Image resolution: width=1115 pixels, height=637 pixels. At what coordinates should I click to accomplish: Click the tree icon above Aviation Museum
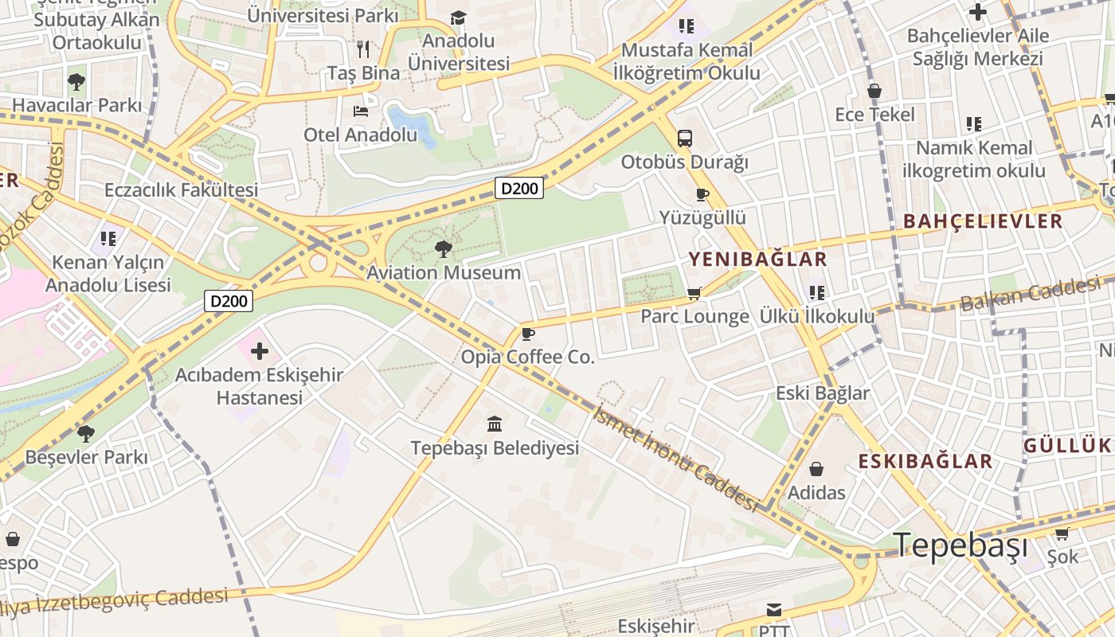point(443,249)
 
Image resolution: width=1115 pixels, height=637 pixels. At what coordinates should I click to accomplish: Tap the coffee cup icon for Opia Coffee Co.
point(526,334)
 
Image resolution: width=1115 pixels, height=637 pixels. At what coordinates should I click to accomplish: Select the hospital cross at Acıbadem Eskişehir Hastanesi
point(260,350)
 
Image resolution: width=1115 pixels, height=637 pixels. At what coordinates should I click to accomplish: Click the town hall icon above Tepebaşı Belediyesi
point(495,424)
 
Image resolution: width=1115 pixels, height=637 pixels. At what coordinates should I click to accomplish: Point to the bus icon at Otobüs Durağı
point(684,138)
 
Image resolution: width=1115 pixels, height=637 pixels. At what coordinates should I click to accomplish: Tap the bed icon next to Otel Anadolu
point(361,111)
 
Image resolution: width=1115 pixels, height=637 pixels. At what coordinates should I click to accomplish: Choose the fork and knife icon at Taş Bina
point(364,49)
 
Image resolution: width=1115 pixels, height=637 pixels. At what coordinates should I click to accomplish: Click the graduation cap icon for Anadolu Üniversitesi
point(458,18)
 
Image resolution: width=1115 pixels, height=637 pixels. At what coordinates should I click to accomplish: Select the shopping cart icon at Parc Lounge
point(694,293)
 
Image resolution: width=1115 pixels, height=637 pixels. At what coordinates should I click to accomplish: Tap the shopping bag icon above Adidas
point(816,469)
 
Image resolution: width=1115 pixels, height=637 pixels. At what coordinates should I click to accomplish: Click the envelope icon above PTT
point(773,610)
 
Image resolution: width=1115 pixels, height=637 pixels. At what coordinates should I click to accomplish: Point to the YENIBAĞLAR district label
point(757,259)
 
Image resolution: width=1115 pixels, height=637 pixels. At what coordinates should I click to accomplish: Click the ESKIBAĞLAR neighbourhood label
point(925,461)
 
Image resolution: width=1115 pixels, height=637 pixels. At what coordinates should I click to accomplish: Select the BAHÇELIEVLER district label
point(983,221)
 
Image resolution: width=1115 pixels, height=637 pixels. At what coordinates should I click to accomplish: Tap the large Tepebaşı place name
point(960,545)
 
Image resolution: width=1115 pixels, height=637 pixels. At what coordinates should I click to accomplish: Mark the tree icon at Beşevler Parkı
point(86,434)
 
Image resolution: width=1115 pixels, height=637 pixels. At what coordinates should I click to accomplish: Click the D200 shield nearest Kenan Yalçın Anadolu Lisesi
point(229,300)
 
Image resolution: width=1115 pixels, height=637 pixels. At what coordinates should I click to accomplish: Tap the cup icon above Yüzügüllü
point(702,194)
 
